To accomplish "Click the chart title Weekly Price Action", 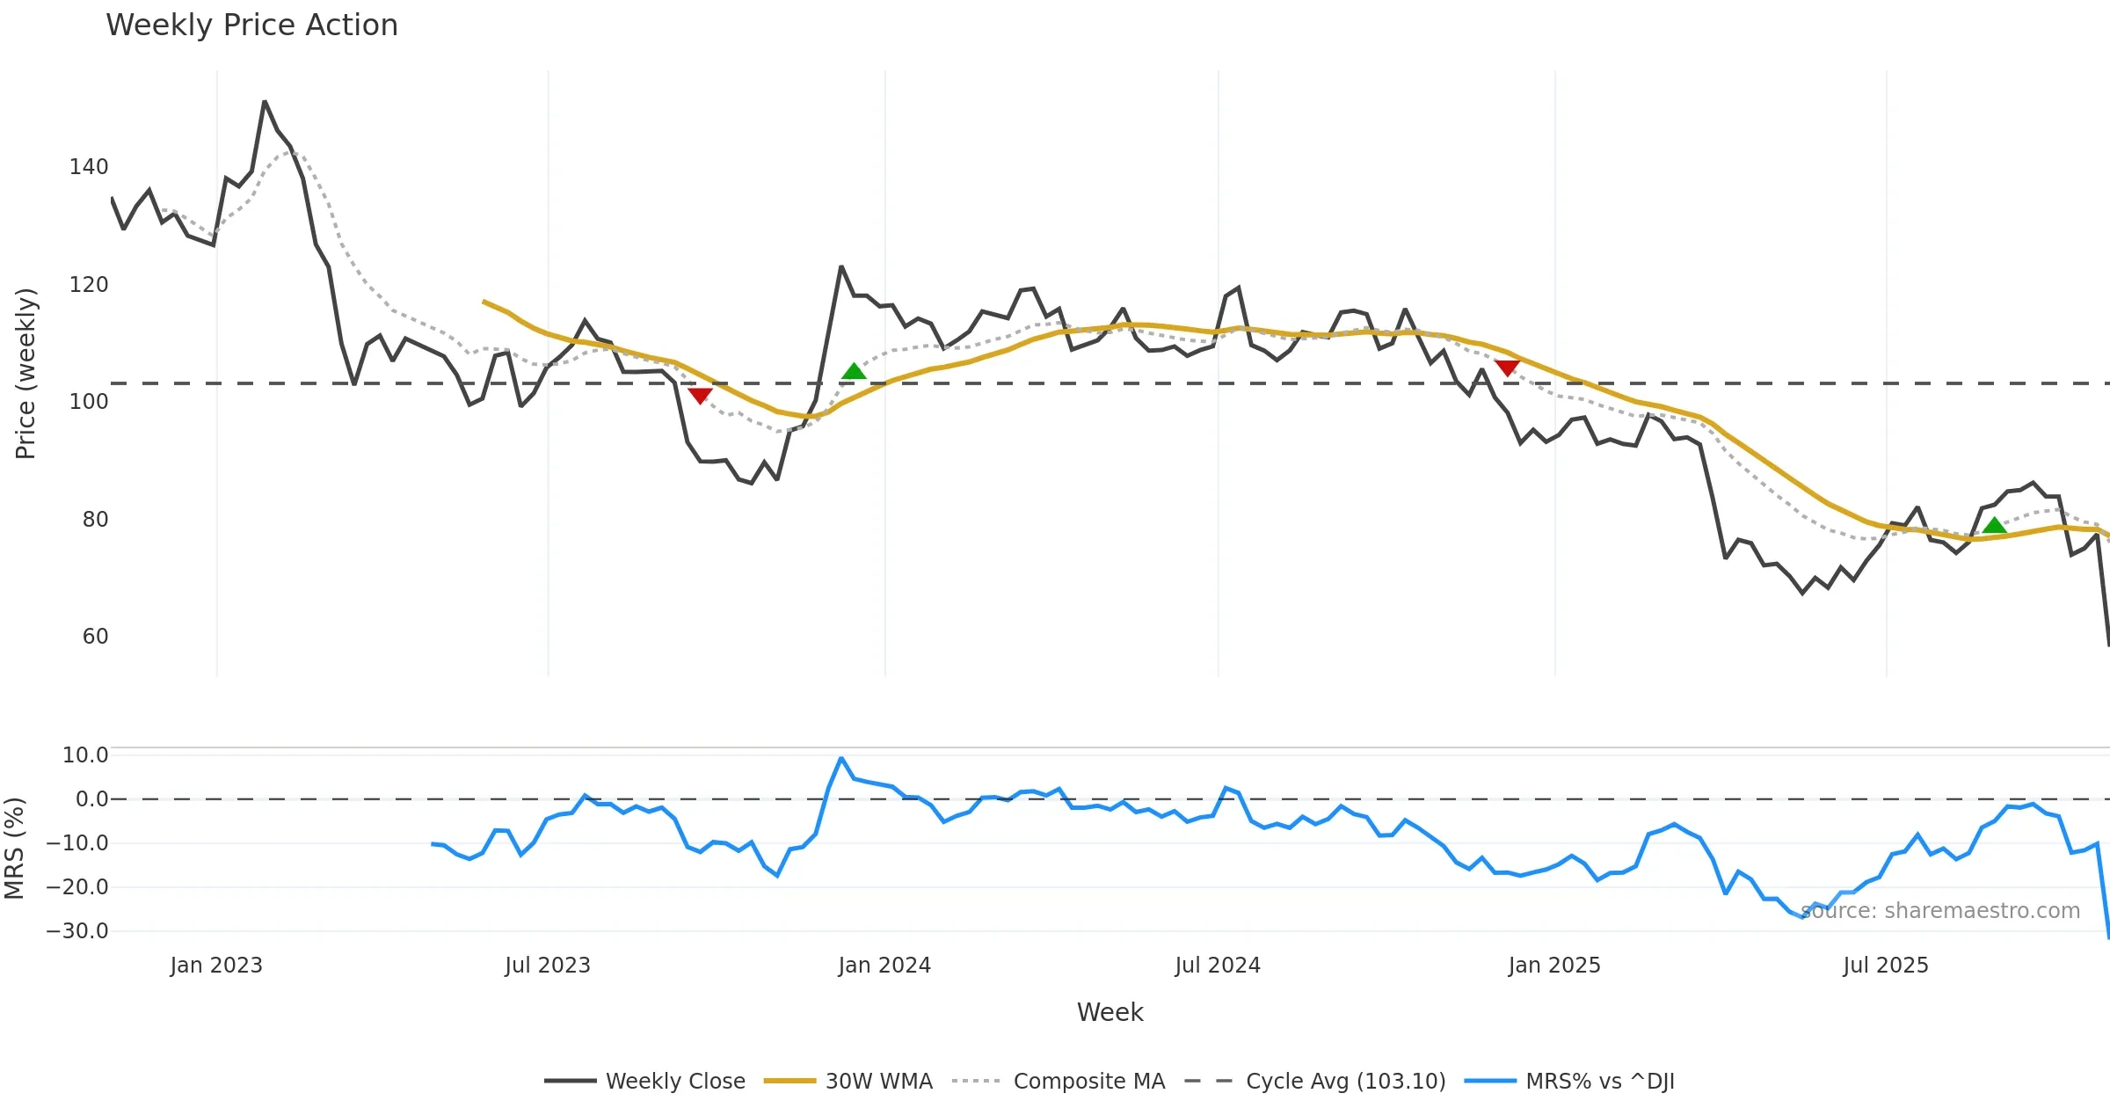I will [x=251, y=26].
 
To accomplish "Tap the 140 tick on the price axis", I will [x=89, y=167].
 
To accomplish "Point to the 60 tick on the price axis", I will [x=95, y=637].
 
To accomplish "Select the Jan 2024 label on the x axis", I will [x=884, y=966].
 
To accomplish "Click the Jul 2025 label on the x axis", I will [x=1886, y=966].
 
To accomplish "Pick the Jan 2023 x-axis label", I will [x=216, y=966].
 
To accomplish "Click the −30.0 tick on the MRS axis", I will [x=77, y=931].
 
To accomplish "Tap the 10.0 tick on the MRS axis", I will [x=85, y=755].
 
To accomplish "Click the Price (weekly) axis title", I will [x=26, y=374].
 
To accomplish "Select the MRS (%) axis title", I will [x=15, y=849].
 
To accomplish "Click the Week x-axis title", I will [x=1110, y=1013].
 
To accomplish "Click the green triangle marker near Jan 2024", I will [x=854, y=372].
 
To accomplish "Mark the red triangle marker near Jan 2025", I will [x=1507, y=368].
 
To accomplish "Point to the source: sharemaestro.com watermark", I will [x=1940, y=911].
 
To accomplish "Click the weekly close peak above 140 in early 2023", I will [x=265, y=102].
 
